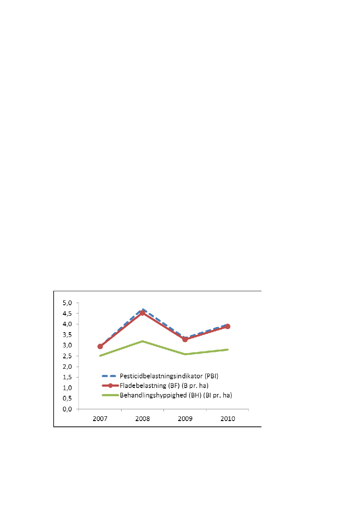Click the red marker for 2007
click(x=100, y=347)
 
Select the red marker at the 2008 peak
click(x=143, y=313)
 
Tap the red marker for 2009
click(x=185, y=339)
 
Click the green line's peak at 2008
click(x=143, y=341)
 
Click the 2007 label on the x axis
click(x=100, y=419)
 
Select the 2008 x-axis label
click(x=143, y=419)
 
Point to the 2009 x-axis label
click(x=185, y=419)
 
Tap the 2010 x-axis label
click(x=228, y=419)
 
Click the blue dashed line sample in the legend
click(x=110, y=375)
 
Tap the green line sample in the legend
click(x=110, y=395)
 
